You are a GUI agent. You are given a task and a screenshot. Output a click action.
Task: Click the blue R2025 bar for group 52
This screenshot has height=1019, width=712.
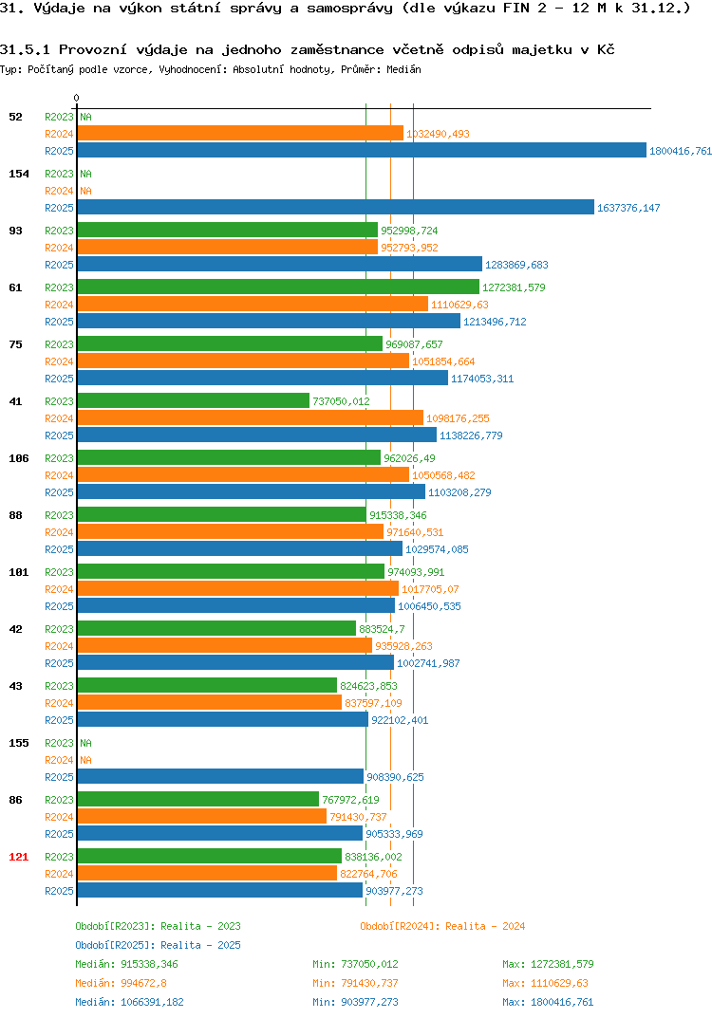pos(362,150)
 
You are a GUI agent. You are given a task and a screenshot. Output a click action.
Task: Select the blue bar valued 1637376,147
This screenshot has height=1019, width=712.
pos(335,207)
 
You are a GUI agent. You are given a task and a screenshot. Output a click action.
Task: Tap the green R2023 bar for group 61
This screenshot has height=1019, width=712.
pos(278,287)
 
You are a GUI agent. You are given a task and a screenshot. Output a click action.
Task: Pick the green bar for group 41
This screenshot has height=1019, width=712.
pos(193,401)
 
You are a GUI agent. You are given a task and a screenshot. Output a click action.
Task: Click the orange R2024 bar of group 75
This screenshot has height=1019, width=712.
pos(243,361)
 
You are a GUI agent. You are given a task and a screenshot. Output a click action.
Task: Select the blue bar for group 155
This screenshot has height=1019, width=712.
pos(220,777)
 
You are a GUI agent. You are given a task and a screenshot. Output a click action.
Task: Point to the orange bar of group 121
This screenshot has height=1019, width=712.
pos(207,874)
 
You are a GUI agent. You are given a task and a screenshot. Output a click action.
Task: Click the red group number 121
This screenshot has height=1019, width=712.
pos(19,857)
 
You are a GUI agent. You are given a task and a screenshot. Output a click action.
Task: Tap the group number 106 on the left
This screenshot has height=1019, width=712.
pos(19,458)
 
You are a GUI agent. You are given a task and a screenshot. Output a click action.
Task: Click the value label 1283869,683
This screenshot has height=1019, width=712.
pos(517,265)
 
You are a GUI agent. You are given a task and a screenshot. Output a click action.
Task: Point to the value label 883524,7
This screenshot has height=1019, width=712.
pos(382,629)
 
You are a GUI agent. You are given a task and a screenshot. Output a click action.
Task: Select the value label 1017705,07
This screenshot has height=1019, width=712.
pos(430,589)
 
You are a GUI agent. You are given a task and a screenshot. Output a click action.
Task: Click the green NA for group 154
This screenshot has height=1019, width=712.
pos(85,174)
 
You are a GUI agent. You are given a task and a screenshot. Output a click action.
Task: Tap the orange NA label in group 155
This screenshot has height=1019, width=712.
pos(85,760)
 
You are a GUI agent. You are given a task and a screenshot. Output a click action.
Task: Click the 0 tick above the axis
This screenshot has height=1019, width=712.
pos(77,98)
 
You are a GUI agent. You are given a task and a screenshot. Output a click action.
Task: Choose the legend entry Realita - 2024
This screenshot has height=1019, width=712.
pos(442,926)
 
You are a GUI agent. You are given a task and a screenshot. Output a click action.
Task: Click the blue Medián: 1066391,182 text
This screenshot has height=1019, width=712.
pos(129,1002)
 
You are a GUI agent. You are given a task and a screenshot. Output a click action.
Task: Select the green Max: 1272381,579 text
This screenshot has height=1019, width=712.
pos(548,964)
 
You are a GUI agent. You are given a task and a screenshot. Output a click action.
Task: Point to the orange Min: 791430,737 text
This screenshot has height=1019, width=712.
pos(355,983)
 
